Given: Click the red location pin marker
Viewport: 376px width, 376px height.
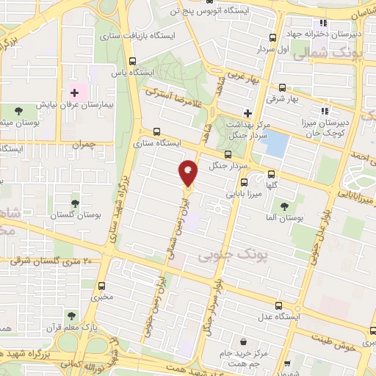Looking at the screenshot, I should coord(189,173).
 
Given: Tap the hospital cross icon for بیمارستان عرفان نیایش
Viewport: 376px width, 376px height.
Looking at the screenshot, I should coord(73,93).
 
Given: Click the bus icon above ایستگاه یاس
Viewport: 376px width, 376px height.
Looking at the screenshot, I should coord(132,62).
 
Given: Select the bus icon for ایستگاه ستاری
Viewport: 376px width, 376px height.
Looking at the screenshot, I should coord(156,132).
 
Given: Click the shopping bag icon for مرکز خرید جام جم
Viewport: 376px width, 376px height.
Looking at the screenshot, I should coord(243,341).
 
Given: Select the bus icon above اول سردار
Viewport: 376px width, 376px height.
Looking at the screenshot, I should coord(272,38).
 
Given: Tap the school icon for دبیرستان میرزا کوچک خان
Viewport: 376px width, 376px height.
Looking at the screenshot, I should coord(325,112).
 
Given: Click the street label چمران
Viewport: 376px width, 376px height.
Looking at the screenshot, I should coord(84,145).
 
